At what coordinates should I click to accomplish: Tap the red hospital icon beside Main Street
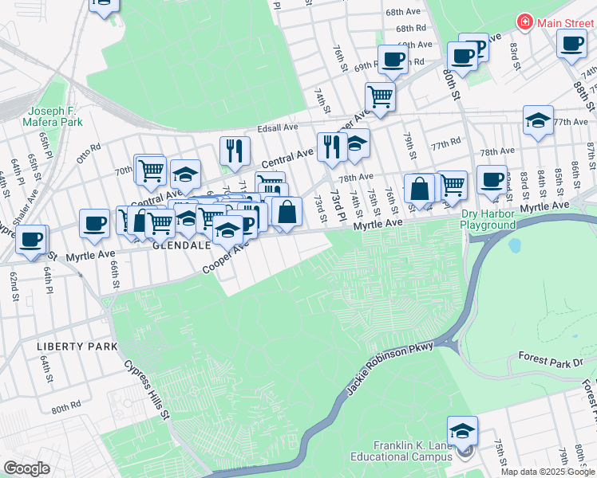pyautogui.click(x=525, y=22)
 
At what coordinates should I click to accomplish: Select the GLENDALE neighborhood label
pyautogui.click(x=180, y=246)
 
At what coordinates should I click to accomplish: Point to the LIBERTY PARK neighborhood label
pyautogui.click(x=77, y=347)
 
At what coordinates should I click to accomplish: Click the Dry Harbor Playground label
pyautogui.click(x=488, y=219)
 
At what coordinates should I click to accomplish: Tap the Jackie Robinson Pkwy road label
pyautogui.click(x=390, y=369)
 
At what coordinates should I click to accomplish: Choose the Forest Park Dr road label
pyautogui.click(x=551, y=360)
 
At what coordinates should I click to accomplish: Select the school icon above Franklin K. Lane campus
pyautogui.click(x=462, y=430)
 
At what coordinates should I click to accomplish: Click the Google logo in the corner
pyautogui.click(x=26, y=468)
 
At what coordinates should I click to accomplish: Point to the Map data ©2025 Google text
pyautogui.click(x=548, y=472)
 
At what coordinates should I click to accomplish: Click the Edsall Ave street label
pyautogui.click(x=277, y=127)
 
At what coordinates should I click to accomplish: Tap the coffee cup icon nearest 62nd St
pyautogui.click(x=31, y=239)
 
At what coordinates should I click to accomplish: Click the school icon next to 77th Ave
pyautogui.click(x=539, y=120)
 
